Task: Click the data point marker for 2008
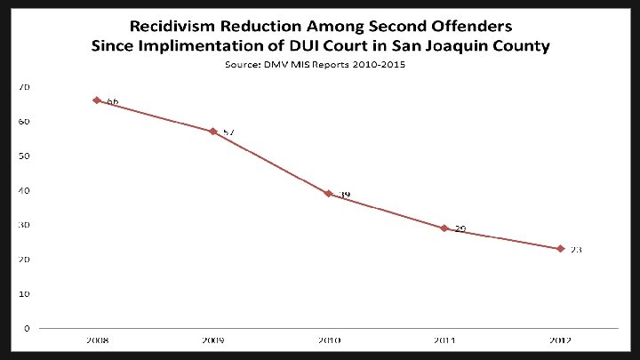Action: [x=96, y=100]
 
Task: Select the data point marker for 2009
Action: [x=212, y=132]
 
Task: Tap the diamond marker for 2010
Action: [x=328, y=194]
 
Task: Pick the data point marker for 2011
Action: [x=444, y=228]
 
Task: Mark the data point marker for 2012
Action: [x=560, y=249]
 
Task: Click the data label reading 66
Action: [x=112, y=102]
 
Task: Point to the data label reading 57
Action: [x=228, y=132]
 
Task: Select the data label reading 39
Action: [x=344, y=195]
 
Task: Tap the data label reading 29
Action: [x=460, y=229]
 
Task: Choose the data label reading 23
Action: [x=576, y=250]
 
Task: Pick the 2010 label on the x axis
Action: [x=328, y=340]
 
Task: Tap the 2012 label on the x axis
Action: [x=560, y=340]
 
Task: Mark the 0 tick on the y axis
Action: [x=27, y=328]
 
